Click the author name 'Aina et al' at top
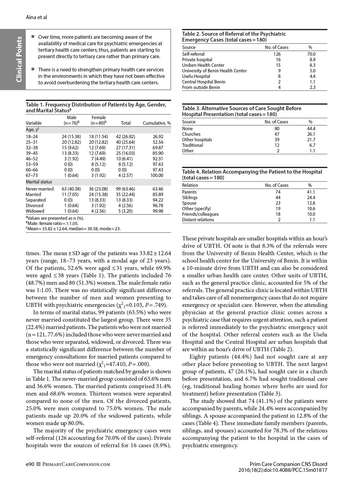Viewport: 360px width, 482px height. pyautogui.click(x=36, y=17)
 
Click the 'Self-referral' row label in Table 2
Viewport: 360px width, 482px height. pyautogui.click(x=193, y=54)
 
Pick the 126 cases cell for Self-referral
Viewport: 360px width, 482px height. pyautogui.click(x=277, y=54)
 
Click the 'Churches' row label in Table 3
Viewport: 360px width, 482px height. pyautogui.click(x=191, y=134)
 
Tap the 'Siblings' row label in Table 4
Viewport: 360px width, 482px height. pyautogui.click(x=190, y=197)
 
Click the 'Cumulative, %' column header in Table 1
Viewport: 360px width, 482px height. pyautogui.click(x=157, y=123)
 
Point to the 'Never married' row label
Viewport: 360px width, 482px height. pyautogui.click(x=40, y=189)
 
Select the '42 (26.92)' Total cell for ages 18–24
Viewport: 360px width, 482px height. pyautogui.click(x=126, y=136)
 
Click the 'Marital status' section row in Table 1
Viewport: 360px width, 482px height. pyautogui.click(x=39, y=182)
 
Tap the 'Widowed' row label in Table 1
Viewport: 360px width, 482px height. pyautogui.click(x=35, y=211)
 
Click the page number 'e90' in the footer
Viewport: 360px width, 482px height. pyautogui.click(x=30, y=464)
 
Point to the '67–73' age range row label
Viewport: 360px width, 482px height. pyautogui.click(x=32, y=175)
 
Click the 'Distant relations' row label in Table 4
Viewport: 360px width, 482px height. pyautogui.click(x=198, y=219)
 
